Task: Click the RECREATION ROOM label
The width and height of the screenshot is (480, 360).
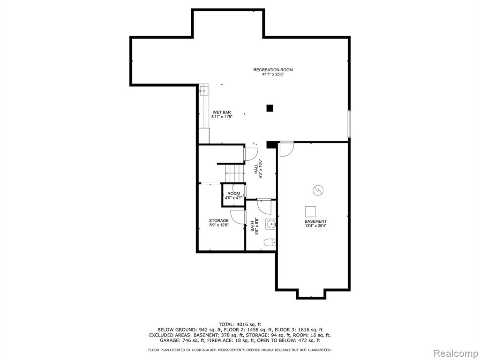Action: click(273, 70)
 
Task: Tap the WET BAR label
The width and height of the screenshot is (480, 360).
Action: click(222, 112)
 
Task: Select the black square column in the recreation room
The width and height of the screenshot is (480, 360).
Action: click(270, 108)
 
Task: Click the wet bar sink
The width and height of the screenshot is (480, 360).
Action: click(204, 90)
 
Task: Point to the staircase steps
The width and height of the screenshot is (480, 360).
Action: click(234, 173)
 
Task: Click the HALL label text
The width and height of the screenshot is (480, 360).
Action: click(256, 169)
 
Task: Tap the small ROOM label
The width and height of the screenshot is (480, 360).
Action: click(233, 194)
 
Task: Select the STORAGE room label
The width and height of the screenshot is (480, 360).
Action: click(219, 220)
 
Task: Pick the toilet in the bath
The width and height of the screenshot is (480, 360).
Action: click(270, 242)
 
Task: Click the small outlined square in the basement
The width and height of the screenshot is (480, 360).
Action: click(310, 212)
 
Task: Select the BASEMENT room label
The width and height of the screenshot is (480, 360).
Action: click(315, 221)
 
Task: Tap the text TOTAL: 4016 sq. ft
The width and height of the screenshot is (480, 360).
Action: click(240, 324)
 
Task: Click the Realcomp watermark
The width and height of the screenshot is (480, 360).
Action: click(455, 353)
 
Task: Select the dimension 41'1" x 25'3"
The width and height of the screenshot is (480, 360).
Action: click(273, 75)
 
